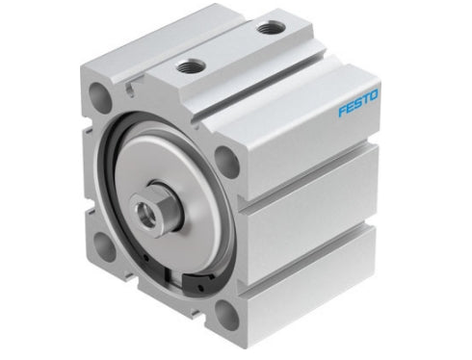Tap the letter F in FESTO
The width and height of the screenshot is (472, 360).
point(342,111)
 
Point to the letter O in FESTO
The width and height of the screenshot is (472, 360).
point(374,96)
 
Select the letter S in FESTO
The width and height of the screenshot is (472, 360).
point(358,104)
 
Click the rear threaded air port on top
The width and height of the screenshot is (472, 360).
point(270,28)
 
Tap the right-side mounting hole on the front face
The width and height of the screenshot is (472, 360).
point(227,162)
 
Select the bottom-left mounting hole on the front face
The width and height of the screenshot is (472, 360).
point(104,247)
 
